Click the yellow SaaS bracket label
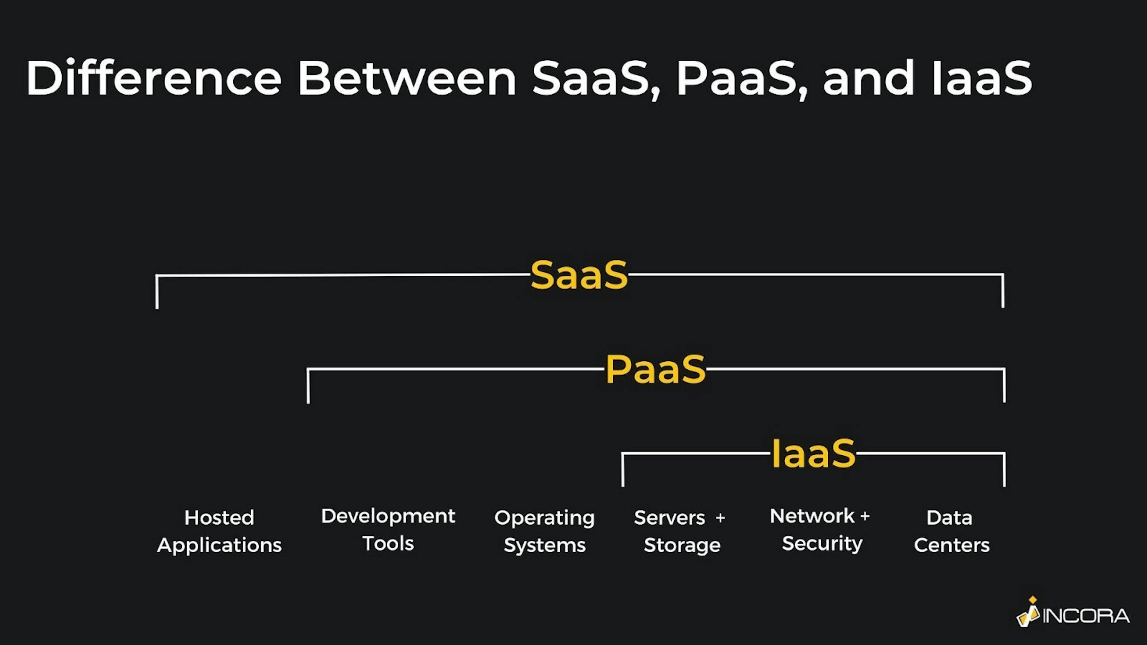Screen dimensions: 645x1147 pos(579,275)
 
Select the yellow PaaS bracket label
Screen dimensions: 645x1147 pos(655,369)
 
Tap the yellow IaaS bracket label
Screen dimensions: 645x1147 pos(813,454)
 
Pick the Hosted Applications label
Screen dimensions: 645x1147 pos(219,531)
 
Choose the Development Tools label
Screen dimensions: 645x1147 pos(388,530)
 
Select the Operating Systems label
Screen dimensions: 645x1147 pos(544,531)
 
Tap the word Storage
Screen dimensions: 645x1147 pos(682,545)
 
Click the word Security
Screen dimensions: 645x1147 pos(822,543)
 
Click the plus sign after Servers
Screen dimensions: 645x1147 pos(720,518)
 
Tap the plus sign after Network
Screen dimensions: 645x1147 pos(865,516)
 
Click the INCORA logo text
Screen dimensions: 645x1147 pos(1086,616)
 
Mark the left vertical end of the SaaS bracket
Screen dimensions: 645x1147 pos(157,291)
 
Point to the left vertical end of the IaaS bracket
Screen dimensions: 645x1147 pos(622,470)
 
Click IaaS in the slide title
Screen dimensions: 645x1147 pos(982,78)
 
